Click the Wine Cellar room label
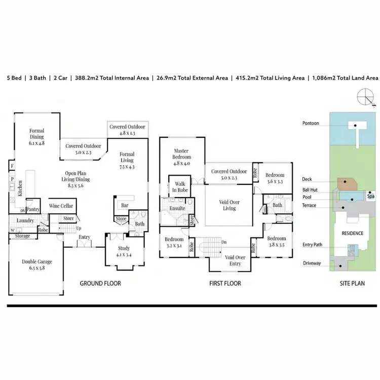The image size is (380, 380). click(61, 206)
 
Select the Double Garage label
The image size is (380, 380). click(36, 265)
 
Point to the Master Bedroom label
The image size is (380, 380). click(181, 154)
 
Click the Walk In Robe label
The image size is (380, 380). click(180, 187)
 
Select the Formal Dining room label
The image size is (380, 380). click(37, 137)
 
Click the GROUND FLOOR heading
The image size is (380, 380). click(100, 283)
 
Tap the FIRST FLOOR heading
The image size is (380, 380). click(225, 283)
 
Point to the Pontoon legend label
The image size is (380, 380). click(311, 123)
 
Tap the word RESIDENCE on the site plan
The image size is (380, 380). click(352, 234)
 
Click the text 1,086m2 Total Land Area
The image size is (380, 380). click(344, 78)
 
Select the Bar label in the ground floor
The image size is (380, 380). click(124, 206)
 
